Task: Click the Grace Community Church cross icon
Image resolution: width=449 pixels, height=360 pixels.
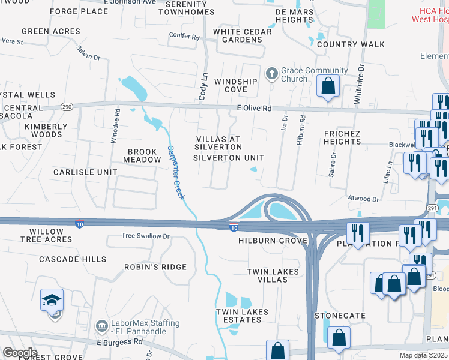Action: point(272,73)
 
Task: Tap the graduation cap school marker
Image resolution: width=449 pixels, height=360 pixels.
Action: point(52,299)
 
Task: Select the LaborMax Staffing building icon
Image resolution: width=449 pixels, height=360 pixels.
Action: point(101,326)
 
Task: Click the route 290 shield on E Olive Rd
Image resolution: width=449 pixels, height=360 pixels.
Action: point(67,106)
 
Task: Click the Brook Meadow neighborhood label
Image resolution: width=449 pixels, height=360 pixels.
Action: point(142,155)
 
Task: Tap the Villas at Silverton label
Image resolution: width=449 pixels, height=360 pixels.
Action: point(218,143)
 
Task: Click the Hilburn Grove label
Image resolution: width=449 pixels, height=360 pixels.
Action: point(273,241)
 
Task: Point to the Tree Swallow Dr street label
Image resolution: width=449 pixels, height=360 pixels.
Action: point(146,236)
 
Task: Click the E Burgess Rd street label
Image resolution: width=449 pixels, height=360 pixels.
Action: point(120,341)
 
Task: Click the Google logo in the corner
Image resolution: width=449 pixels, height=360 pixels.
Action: point(19,353)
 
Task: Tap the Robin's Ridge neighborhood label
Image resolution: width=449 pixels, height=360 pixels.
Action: point(155,266)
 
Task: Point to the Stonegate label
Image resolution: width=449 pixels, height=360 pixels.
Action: point(340,314)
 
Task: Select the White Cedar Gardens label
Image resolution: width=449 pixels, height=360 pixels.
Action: point(238,36)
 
